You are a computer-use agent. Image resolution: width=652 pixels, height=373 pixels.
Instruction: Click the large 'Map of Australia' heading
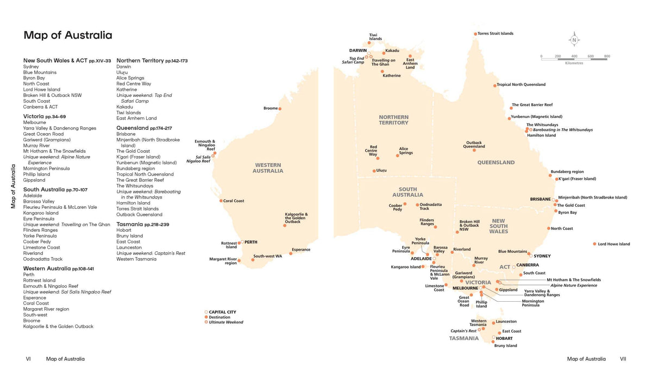point(68,35)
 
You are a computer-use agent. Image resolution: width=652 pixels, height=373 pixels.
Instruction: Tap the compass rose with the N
point(575,40)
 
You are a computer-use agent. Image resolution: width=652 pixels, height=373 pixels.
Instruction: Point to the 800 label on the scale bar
point(606,56)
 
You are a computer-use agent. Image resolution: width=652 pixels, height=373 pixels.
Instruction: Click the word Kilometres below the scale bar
point(574,63)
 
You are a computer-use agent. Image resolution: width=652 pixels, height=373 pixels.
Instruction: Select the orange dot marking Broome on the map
point(280,109)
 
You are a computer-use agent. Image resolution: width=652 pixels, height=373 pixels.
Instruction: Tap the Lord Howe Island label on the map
point(614,244)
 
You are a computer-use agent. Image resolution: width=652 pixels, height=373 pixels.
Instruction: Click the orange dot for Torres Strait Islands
point(475,34)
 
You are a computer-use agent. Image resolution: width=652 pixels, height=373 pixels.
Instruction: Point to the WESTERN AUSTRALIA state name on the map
point(267,168)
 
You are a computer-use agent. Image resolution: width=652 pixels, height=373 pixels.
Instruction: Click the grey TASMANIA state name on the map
point(463,338)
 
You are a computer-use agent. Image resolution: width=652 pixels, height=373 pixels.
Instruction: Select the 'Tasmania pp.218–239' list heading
point(142,225)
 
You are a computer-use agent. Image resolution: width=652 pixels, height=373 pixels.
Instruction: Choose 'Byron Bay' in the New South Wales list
point(34,78)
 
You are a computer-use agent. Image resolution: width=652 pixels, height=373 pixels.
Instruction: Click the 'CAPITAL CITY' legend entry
point(222,312)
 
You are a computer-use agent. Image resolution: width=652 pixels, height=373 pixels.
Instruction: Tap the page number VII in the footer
point(623,359)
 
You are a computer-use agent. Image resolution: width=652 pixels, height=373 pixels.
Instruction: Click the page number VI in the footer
point(28,359)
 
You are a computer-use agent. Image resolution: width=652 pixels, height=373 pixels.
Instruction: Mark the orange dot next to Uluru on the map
point(373,171)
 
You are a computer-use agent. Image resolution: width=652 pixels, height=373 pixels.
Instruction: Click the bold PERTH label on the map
point(250,241)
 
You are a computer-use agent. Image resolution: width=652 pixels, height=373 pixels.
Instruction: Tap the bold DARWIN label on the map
point(358,51)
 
